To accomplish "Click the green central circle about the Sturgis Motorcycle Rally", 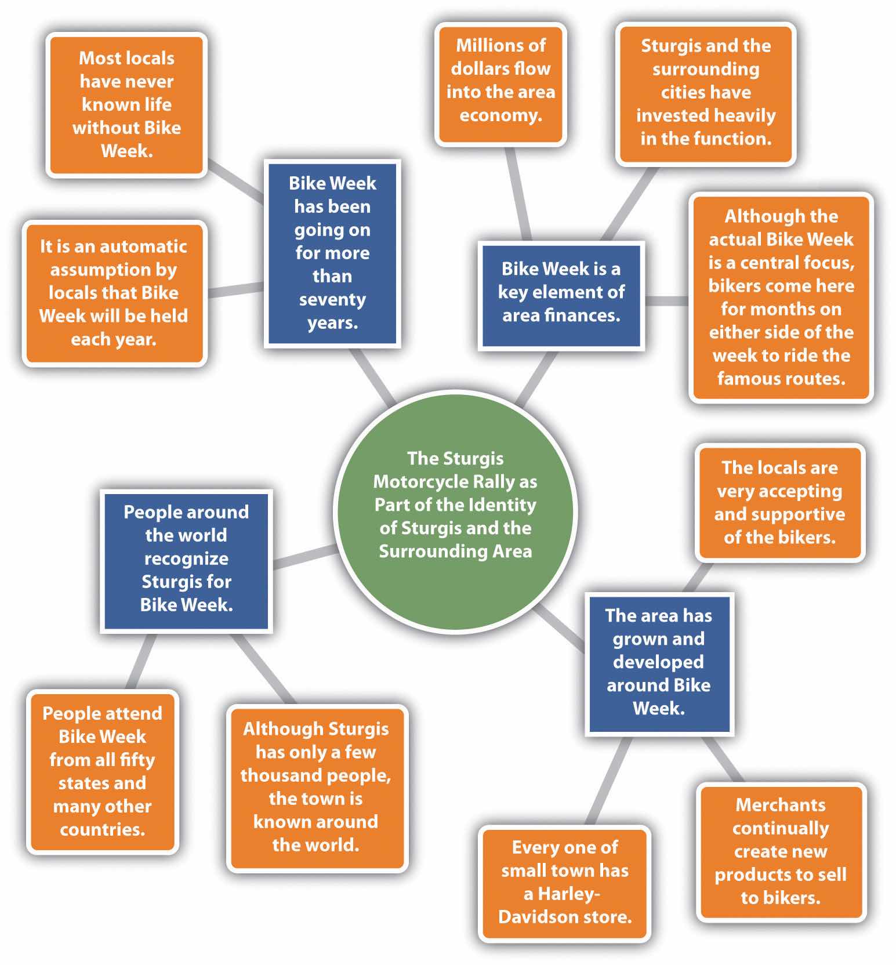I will (x=455, y=510).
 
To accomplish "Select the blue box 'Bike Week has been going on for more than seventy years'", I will (x=332, y=253).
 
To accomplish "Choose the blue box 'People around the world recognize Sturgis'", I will (x=186, y=560).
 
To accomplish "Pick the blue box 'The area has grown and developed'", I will (x=659, y=663).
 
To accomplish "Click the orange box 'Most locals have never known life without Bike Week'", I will (x=126, y=105).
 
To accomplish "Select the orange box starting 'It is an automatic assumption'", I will (x=114, y=293).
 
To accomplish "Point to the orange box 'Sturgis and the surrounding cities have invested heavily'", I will (x=705, y=93).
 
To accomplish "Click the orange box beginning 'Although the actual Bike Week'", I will (x=781, y=298).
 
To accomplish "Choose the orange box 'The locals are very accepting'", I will (x=779, y=503).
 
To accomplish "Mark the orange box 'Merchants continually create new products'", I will (x=781, y=851).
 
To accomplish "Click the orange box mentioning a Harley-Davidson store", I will (x=564, y=882).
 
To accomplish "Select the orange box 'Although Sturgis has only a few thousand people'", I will (x=316, y=788).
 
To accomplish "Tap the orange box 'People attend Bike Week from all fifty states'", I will (x=102, y=771).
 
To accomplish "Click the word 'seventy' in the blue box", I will (x=332, y=300).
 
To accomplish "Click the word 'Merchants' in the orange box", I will (x=781, y=805).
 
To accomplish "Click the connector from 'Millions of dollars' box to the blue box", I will (x=519, y=194).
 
